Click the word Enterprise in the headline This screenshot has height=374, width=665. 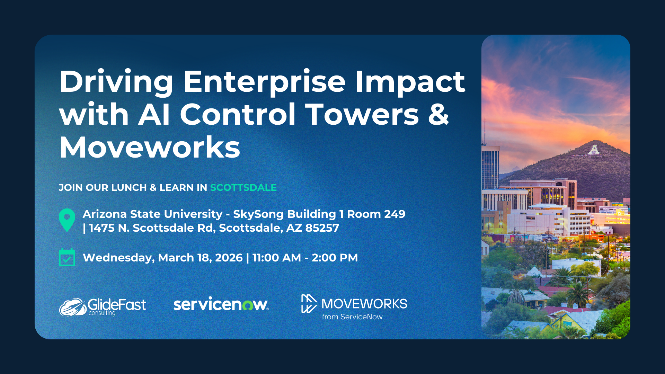click(264, 82)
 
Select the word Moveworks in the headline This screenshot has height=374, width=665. click(150, 148)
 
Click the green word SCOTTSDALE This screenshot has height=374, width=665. click(243, 188)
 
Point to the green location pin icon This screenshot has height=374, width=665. click(67, 219)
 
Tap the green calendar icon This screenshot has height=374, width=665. click(67, 257)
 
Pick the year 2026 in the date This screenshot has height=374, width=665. click(229, 258)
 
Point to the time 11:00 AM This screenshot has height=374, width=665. click(276, 258)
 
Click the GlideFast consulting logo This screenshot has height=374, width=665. click(103, 307)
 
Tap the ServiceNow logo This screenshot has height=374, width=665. click(221, 304)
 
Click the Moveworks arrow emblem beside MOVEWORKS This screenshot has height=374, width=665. click(309, 304)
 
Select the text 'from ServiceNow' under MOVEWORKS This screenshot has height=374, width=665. click(352, 317)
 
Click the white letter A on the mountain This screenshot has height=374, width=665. click(594, 150)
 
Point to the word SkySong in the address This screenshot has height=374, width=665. click(258, 214)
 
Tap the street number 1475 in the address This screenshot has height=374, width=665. click(101, 228)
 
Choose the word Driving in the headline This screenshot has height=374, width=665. click(116, 82)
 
